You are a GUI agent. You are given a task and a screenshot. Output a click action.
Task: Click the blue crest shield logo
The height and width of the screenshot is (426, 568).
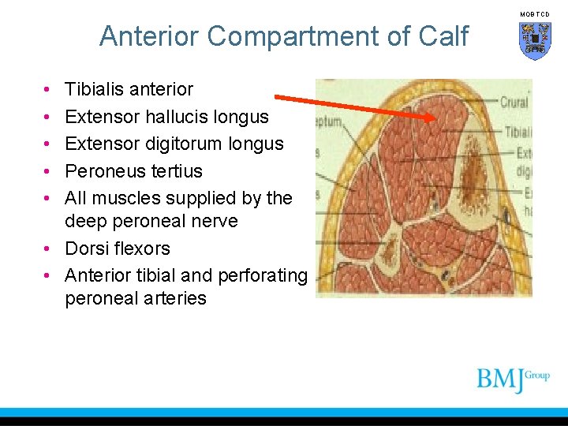click(535, 39)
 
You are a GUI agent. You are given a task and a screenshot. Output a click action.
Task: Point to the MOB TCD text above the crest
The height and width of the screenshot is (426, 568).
click(535, 14)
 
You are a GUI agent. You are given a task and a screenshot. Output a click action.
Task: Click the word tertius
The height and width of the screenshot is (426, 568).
click(174, 171)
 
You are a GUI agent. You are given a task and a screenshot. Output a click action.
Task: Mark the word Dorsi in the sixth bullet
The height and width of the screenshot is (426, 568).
click(84, 248)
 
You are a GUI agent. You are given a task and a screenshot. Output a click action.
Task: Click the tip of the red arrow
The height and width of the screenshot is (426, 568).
click(435, 118)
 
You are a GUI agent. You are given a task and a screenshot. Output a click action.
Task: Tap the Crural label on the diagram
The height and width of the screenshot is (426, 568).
click(514, 102)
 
